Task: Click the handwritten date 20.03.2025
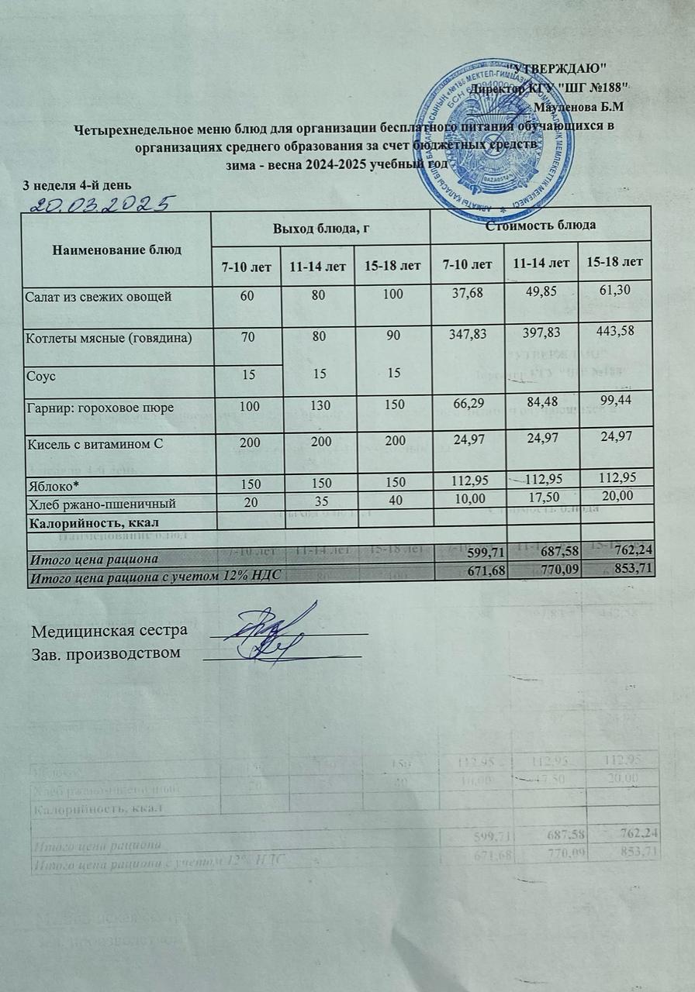(x=99, y=204)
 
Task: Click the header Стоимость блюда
(x=541, y=226)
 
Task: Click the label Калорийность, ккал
(x=87, y=520)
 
